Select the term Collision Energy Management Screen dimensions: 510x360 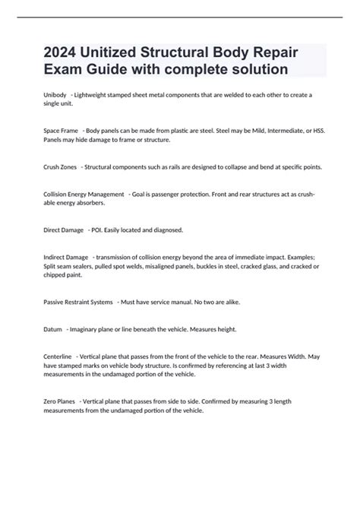(x=83, y=195)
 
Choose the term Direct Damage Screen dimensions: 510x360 (x=62, y=230)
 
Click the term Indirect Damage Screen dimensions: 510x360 (x=65, y=258)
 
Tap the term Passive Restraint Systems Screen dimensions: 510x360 (x=78, y=302)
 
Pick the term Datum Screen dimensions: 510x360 (x=51, y=329)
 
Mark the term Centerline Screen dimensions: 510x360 (x=57, y=356)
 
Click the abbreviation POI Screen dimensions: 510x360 (x=96, y=230)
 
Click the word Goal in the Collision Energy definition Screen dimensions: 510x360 (x=141, y=195)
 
